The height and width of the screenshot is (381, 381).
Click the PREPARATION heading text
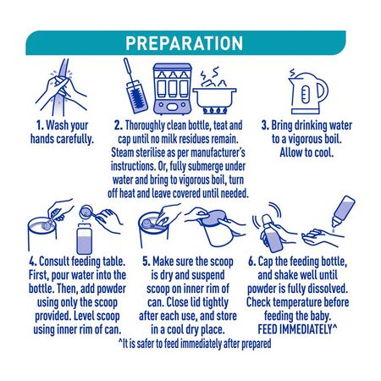[x=184, y=43]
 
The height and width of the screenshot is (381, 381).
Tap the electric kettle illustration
[x=307, y=92]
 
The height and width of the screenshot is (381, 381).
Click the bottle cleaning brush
[x=135, y=86]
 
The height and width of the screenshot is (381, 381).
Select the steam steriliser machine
[x=172, y=88]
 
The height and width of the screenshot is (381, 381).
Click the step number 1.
[x=40, y=125]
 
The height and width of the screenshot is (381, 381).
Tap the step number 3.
[x=265, y=125]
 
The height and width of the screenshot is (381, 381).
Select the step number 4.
[x=33, y=262]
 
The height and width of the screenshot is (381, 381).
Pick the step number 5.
[x=146, y=262]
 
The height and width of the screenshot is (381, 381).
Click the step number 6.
[x=251, y=262]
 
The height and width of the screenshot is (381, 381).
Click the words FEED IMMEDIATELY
[x=295, y=329]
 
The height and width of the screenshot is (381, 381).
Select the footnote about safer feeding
[x=195, y=344]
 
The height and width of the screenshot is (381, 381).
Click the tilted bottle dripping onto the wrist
[x=344, y=211]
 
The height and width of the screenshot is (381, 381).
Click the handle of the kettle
[x=323, y=91]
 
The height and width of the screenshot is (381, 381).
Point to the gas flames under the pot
[x=215, y=111]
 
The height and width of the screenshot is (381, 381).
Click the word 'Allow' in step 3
[x=290, y=152]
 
